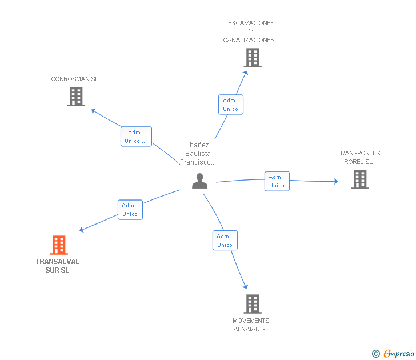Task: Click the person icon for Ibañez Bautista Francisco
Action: pyautogui.click(x=199, y=181)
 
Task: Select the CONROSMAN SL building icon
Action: pyautogui.click(x=75, y=97)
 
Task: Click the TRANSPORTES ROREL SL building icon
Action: pyautogui.click(x=359, y=179)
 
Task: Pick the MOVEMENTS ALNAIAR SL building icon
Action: pyautogui.click(x=252, y=303)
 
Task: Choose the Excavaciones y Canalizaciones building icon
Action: pyautogui.click(x=252, y=58)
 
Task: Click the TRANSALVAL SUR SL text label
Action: pyautogui.click(x=57, y=266)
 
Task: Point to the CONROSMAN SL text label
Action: pyautogui.click(x=75, y=79)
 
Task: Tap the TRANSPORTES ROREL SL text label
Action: pyautogui.click(x=358, y=157)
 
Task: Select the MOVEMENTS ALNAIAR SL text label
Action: pyautogui.click(x=251, y=325)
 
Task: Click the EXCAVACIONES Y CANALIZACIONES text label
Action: pyautogui.click(x=251, y=31)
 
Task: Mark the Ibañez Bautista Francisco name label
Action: pyautogui.click(x=198, y=154)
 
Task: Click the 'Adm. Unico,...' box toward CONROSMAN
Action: pyautogui.click(x=136, y=137)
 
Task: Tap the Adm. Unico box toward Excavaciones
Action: pyautogui.click(x=230, y=105)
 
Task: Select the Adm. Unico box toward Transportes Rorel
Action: pyautogui.click(x=277, y=181)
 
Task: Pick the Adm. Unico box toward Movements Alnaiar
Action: pyautogui.click(x=225, y=241)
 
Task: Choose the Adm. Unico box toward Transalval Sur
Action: pyautogui.click(x=130, y=210)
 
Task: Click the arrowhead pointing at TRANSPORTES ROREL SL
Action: pyautogui.click(x=335, y=182)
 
